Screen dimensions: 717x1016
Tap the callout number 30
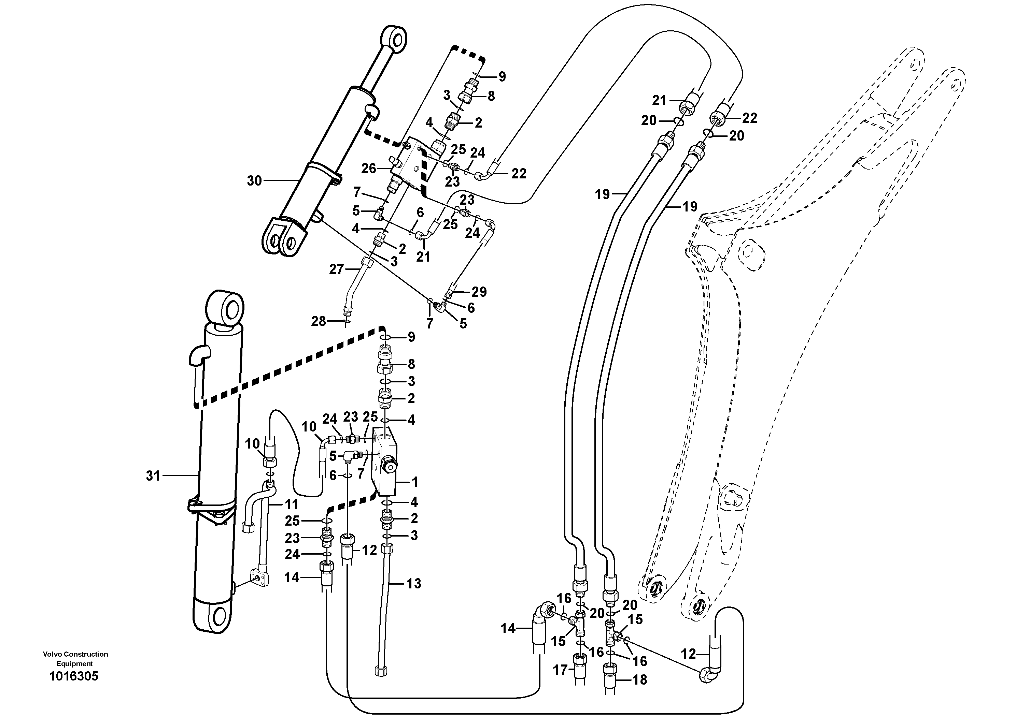[254, 180]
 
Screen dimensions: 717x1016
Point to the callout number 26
[368, 169]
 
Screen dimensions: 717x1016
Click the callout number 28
[318, 321]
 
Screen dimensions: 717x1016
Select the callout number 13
[414, 584]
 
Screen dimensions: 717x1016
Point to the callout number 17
[560, 670]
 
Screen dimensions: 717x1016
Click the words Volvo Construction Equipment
[75, 659]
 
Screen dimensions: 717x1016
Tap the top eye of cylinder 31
[226, 307]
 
